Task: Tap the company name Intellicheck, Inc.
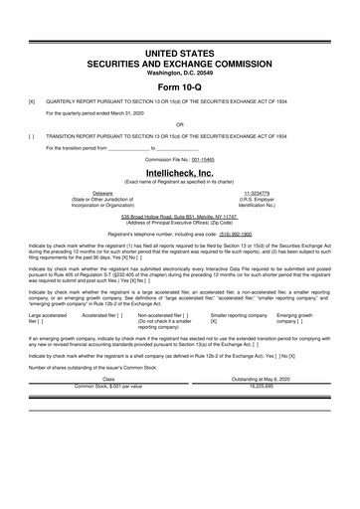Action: point(179,172)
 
